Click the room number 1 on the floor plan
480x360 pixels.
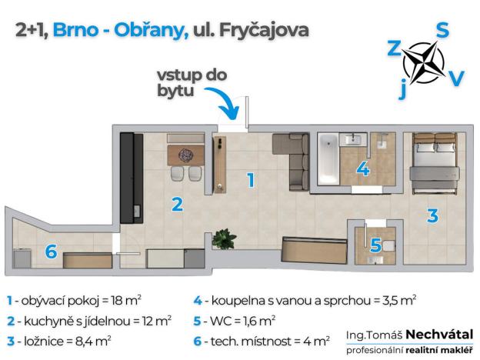coord(250,181)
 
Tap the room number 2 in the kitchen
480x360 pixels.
coord(177,205)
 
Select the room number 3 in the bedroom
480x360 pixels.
coord(432,215)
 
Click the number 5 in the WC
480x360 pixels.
coord(375,246)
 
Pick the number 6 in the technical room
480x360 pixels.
coord(51,252)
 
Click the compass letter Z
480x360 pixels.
coord(394,49)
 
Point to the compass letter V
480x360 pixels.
coord(456,78)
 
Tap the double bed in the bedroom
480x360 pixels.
coord(434,162)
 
